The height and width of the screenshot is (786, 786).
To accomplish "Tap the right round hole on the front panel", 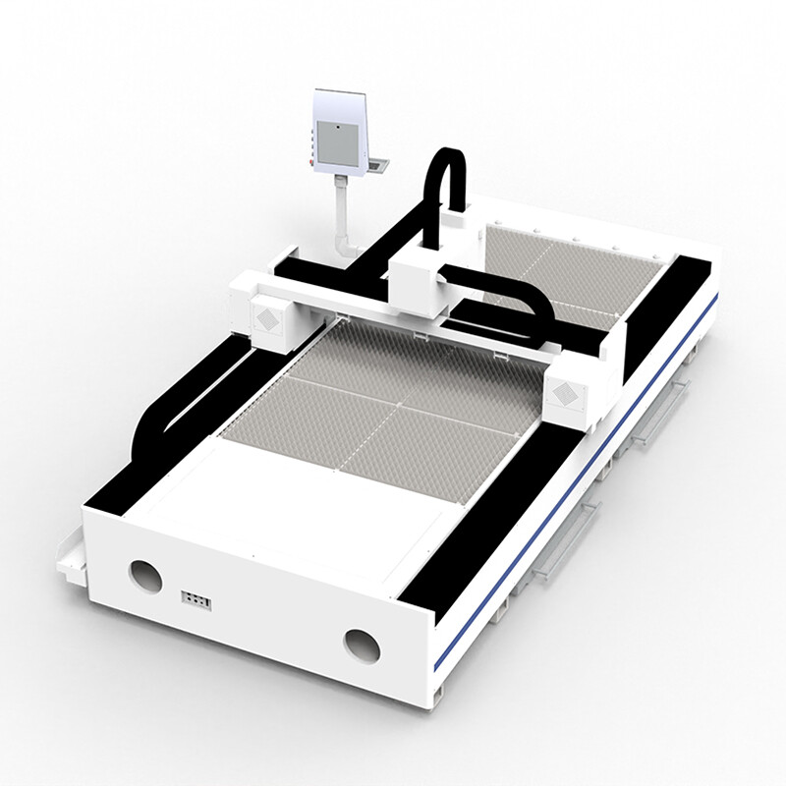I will coord(361,644).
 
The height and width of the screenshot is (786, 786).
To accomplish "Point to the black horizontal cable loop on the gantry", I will coord(511,305).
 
